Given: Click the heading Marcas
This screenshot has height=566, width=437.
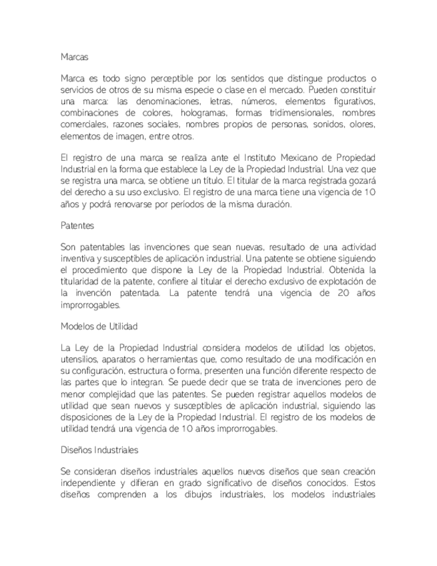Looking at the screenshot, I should [x=74, y=57].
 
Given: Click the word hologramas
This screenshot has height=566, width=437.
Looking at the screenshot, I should [x=203, y=113].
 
